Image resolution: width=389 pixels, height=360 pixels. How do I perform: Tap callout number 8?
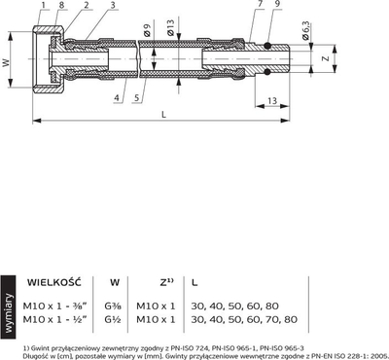61,5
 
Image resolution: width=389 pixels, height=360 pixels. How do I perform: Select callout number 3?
113,5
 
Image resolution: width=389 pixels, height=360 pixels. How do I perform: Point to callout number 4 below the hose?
117,97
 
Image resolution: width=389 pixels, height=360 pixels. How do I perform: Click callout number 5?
137,97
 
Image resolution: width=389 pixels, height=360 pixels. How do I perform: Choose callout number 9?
278,4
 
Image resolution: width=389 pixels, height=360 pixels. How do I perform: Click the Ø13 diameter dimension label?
170,27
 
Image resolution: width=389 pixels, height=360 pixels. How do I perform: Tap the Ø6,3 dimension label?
306,31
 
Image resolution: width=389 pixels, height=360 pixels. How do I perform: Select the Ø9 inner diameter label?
147,30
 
